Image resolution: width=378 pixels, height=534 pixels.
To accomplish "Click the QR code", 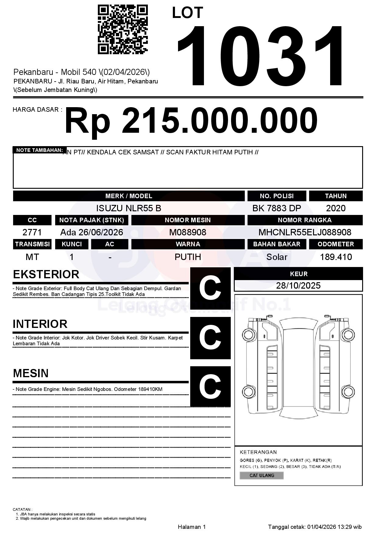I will [x=123, y=29].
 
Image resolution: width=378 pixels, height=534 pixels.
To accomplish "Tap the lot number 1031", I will [x=261, y=56].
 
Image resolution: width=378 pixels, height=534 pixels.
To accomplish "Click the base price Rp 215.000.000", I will [x=191, y=121].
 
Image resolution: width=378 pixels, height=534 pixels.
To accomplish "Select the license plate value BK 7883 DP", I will [x=276, y=208].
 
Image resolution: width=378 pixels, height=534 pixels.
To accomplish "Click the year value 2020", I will [x=336, y=208].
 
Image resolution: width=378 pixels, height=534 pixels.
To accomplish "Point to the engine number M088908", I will [x=187, y=232].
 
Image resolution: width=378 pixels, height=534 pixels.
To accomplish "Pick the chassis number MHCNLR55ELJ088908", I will [x=305, y=232].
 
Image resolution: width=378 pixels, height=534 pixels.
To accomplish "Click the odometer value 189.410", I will [x=336, y=257].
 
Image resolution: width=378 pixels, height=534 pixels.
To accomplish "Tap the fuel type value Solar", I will [x=276, y=257].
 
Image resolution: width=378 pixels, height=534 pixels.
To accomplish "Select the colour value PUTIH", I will [x=187, y=257].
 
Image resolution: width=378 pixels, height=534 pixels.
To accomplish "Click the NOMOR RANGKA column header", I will [x=305, y=220].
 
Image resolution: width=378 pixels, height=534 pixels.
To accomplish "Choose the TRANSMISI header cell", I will [x=32, y=244].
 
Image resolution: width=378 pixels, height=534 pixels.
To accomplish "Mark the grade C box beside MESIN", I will [x=210, y=386].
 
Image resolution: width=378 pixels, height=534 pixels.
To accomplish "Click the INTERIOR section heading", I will [x=40, y=324].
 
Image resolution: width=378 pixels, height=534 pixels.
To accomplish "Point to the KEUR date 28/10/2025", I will [x=298, y=286].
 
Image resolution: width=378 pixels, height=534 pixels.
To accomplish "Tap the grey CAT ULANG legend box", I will [x=262, y=475].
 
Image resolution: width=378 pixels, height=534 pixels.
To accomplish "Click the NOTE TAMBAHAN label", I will [x=39, y=150].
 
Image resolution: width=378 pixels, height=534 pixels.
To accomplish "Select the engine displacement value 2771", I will [x=32, y=232].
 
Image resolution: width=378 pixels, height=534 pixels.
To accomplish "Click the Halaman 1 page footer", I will [x=192, y=527].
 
